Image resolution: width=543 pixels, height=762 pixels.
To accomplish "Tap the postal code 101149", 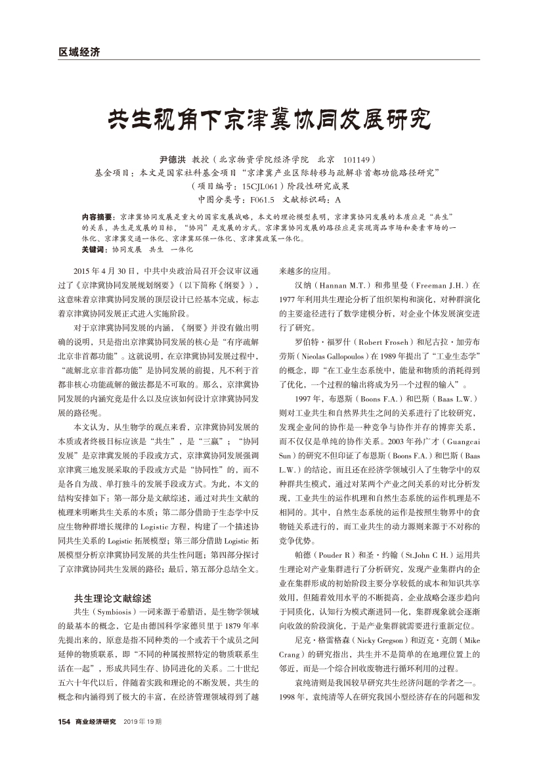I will pos(359,160).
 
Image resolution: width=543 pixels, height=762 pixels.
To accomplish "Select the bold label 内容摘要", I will pos(96,216).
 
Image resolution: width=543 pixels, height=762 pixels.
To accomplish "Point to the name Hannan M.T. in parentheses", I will pos(346,286).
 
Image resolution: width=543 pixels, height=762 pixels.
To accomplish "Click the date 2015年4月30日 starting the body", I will pos(106,271).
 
